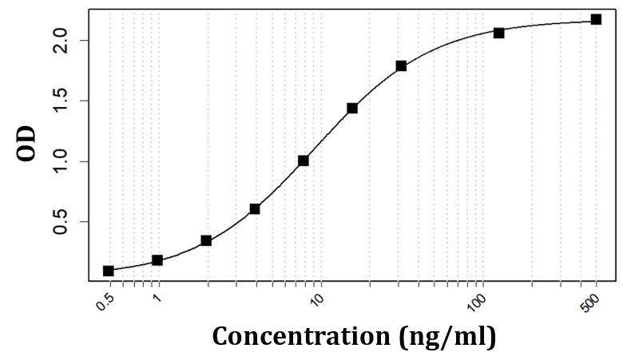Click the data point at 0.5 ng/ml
coord(109,271)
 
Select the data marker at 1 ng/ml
coord(157,260)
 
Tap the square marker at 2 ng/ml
coord(206,240)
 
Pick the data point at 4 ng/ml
coord(255,209)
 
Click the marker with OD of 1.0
coord(304,160)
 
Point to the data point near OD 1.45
coord(352,108)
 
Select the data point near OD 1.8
coord(401,65)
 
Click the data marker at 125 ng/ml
coord(498,33)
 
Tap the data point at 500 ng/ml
coord(596,19)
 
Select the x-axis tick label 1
coord(157,299)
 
